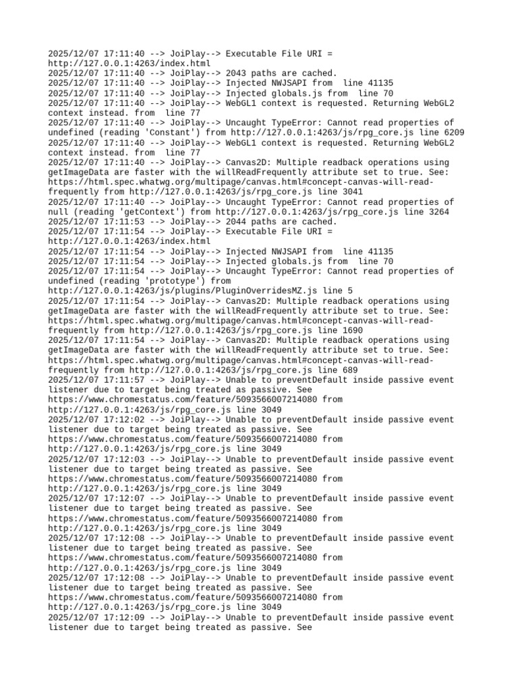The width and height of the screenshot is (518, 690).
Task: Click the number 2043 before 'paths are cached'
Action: pyautogui.click(x=236, y=73)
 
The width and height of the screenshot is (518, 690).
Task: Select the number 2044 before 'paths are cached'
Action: pyautogui.click(x=236, y=222)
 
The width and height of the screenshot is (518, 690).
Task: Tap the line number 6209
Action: pyautogui.click(x=453, y=132)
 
